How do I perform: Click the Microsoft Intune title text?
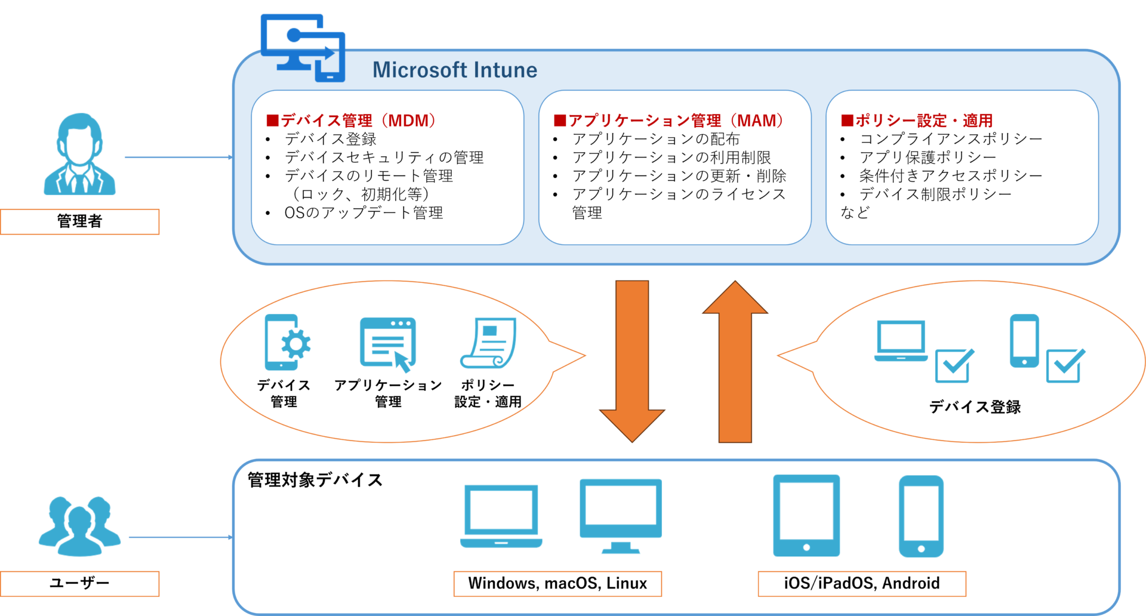[x=455, y=70]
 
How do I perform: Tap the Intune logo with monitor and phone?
[x=303, y=48]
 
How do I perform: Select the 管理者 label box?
[x=79, y=221]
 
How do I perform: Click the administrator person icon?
[x=79, y=155]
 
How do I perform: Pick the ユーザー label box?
[x=79, y=583]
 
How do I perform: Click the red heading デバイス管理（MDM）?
[x=352, y=121]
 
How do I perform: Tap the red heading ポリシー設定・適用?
[x=917, y=121]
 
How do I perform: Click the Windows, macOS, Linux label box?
[x=557, y=583]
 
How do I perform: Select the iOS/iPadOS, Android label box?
[x=861, y=583]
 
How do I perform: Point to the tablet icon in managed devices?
[x=806, y=516]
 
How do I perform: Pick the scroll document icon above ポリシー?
[x=488, y=343]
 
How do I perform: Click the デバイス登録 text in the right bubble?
[x=975, y=407]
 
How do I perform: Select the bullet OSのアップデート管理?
[x=363, y=213]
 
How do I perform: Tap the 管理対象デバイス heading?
[x=315, y=480]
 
